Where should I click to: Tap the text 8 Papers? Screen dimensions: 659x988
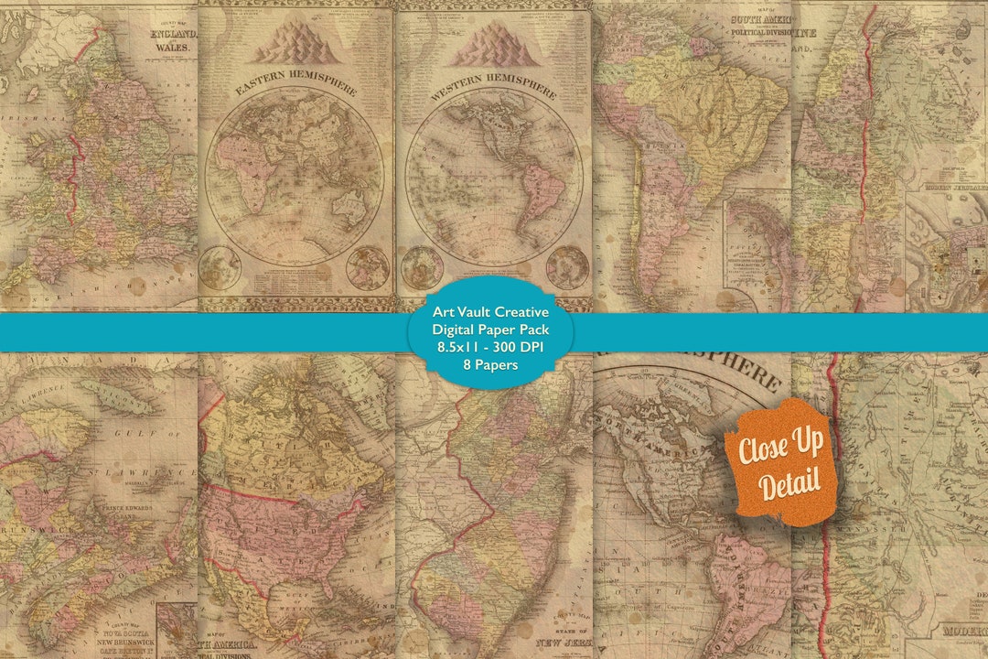(492, 365)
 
